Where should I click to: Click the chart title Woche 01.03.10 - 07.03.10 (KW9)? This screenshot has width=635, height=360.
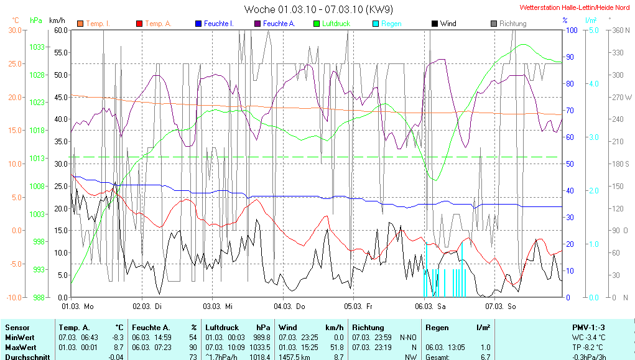click(x=318, y=9)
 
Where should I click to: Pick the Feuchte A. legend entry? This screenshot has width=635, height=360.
click(x=279, y=24)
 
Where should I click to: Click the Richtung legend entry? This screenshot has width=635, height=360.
click(x=512, y=24)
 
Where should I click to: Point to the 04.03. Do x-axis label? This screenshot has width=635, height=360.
click(x=291, y=306)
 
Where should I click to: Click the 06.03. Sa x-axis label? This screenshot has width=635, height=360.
click(x=432, y=306)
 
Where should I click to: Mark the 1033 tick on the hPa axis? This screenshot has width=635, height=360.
click(x=37, y=47)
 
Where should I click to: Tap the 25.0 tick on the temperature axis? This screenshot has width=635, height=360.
click(x=14, y=63)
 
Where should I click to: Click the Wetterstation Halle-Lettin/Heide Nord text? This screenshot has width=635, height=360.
click(x=575, y=7)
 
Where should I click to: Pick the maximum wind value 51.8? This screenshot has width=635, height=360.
click(x=335, y=346)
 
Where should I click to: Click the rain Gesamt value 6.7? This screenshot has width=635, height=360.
click(x=484, y=356)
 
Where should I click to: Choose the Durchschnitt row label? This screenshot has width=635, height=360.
click(x=26, y=356)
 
